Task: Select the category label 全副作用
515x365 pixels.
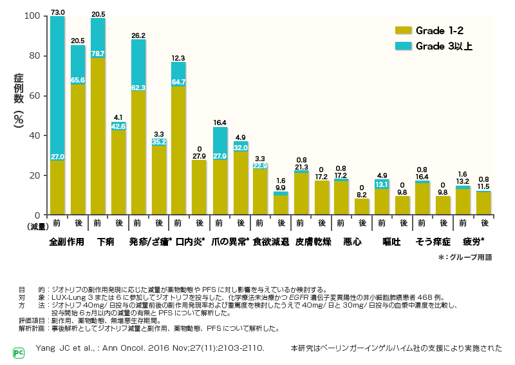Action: tap(66, 242)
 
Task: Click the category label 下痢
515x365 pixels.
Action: tap(107, 242)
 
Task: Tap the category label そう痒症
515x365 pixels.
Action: tap(432, 242)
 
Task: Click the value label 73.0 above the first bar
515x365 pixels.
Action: tap(57, 12)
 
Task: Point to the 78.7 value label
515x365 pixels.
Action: tap(98, 54)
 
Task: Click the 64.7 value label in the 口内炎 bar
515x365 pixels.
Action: tap(178, 82)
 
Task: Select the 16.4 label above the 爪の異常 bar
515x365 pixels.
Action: tap(220, 123)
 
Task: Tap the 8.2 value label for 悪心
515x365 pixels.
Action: tap(362, 194)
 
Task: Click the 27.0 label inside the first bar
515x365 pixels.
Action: tap(57, 156)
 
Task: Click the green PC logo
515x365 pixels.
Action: tap(18, 353)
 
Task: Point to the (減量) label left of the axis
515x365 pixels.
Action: tap(37, 227)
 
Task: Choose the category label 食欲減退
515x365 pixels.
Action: tap(270, 242)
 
